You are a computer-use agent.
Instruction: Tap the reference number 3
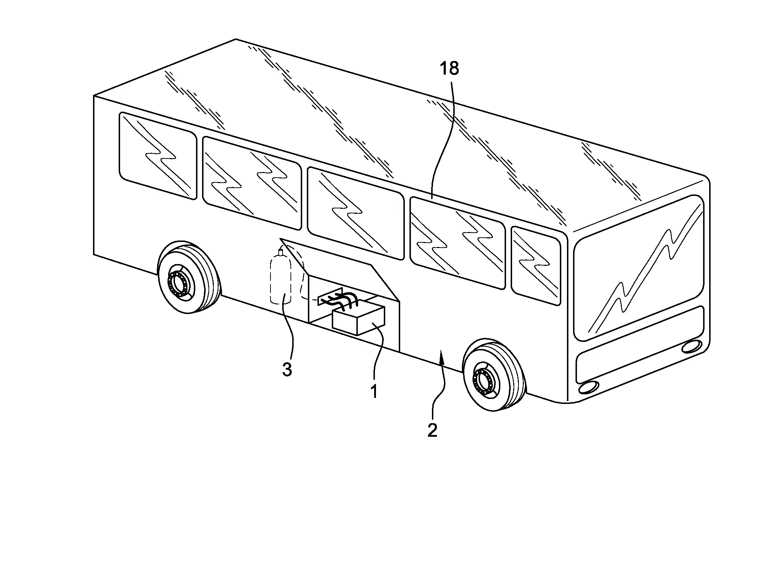click(287, 370)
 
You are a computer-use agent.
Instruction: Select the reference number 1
click(373, 391)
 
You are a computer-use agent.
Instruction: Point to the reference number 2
click(432, 431)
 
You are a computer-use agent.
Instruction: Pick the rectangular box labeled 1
click(359, 320)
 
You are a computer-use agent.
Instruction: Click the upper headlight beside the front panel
click(692, 346)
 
